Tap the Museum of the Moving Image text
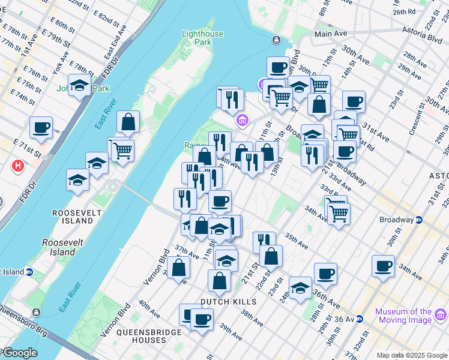pos(403,316)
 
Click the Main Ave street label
pos(331,34)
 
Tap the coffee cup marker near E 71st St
pos(41,128)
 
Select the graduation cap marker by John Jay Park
pos(79,86)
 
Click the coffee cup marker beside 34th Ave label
pos(382,266)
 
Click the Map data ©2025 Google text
pos(412,355)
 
